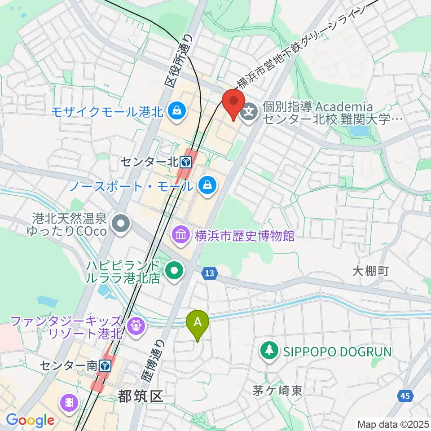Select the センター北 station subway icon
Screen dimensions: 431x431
pyautogui.click(x=185, y=161)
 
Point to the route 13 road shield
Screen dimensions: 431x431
pyautogui.click(x=209, y=273)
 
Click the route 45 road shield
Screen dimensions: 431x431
pyautogui.click(x=405, y=396)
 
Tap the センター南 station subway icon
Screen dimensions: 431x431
pyautogui.click(x=105, y=365)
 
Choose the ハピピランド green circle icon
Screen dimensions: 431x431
pyautogui.click(x=174, y=269)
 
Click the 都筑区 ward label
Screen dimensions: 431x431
pyautogui.click(x=140, y=396)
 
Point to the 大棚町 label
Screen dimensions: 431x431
pyautogui.click(x=370, y=271)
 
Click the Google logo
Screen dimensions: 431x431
pyautogui.click(x=30, y=420)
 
